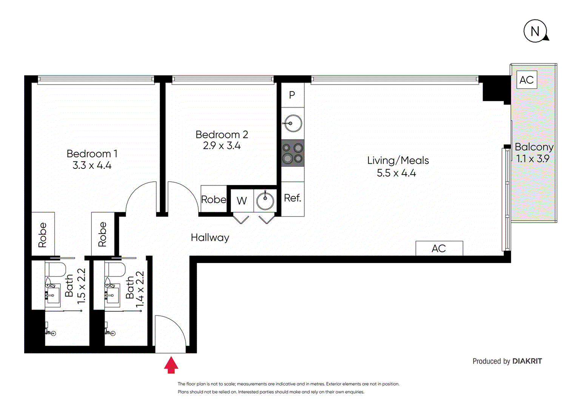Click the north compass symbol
point(535,31)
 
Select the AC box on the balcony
point(526,80)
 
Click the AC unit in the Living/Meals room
point(439,248)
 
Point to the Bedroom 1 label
point(92,154)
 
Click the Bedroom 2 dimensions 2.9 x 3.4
point(222,146)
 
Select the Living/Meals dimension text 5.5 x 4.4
point(396,173)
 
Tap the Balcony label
point(534,147)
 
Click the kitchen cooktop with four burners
point(293,153)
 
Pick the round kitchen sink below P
point(293,123)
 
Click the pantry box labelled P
point(292,95)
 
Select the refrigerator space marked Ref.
point(293,198)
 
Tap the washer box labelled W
point(242,201)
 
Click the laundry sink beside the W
point(265,200)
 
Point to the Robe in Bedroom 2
point(214,199)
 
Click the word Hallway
point(210,238)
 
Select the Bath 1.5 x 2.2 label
point(75,286)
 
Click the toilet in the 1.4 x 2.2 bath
point(115,269)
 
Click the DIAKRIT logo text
point(527,361)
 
